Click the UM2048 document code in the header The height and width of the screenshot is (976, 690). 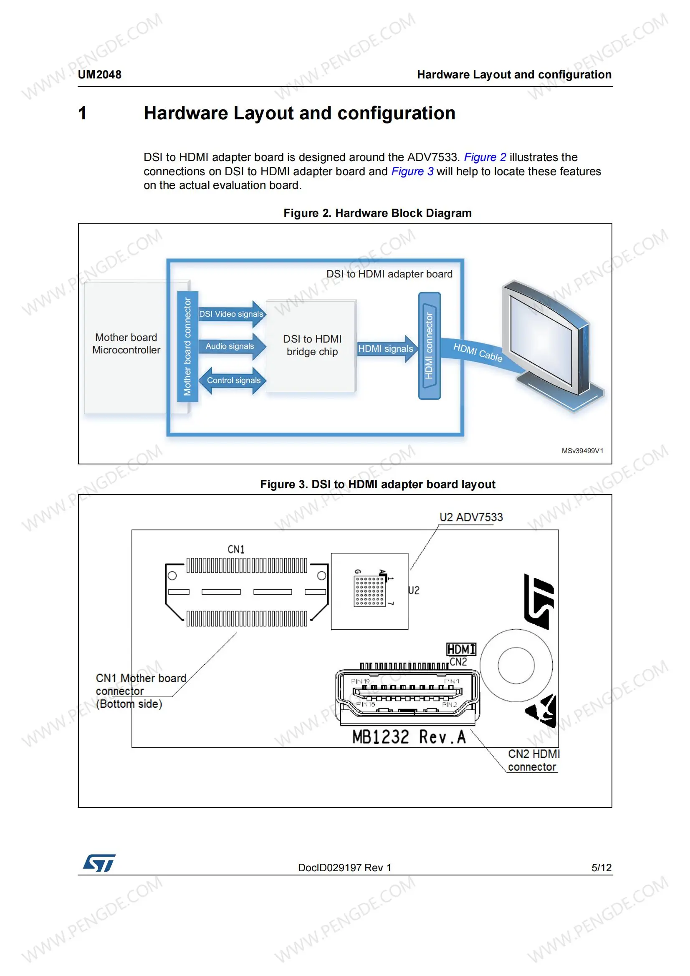pos(99,75)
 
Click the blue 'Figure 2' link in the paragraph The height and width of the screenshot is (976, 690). pos(485,157)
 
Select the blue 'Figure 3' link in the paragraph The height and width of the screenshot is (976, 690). pos(412,171)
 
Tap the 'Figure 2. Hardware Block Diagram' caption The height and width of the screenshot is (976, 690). pos(377,213)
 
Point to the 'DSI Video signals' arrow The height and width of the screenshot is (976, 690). pos(232,314)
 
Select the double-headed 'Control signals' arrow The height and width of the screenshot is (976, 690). pos(233,381)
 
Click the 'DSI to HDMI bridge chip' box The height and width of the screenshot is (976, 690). pos(312,345)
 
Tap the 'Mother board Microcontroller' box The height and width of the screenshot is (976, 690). pos(126,344)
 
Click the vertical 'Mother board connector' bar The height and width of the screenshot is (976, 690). pos(187,346)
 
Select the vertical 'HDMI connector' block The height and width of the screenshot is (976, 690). pos(429,346)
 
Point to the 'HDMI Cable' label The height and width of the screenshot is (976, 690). pos(478,353)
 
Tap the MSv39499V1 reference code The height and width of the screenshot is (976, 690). pos(582,451)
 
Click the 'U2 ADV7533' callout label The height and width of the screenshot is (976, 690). pos(470,517)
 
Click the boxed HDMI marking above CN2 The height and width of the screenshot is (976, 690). pos(461,649)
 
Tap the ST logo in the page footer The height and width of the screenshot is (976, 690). pos(99,863)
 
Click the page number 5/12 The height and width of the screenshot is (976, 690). pos(601,868)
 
